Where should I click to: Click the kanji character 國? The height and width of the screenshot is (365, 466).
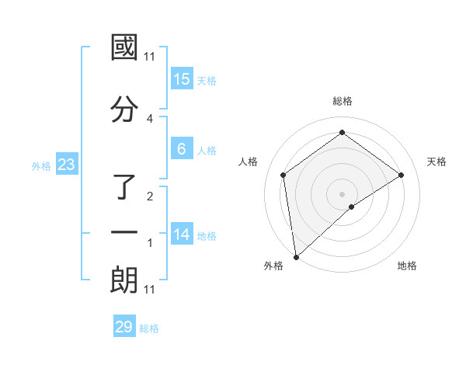(125, 47)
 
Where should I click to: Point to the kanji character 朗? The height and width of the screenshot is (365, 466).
(125, 280)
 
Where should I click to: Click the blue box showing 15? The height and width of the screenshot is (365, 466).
(181, 79)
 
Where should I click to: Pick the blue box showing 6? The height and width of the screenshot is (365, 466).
(181, 149)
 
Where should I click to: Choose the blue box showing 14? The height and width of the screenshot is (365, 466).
(181, 235)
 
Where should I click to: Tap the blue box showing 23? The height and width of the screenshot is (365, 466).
(67, 165)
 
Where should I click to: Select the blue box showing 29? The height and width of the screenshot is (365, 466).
(124, 327)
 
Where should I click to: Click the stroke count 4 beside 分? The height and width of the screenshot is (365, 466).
(150, 118)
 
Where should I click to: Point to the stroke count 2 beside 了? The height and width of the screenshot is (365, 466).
(150, 196)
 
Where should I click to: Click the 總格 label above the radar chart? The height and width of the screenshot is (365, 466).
(343, 101)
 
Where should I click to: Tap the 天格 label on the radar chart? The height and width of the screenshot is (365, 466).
(437, 162)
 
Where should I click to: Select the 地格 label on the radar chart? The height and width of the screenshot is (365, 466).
(407, 266)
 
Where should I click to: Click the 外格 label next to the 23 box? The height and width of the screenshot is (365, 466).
(41, 165)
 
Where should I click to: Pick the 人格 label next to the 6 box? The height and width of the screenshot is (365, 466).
(207, 150)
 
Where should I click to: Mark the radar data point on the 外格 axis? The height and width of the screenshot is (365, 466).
(296, 256)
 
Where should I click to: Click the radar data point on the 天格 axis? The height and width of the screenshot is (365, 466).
(402, 175)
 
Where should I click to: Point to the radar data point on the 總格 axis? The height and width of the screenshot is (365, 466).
(342, 133)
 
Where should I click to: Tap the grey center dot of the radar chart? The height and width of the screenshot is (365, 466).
(342, 193)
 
